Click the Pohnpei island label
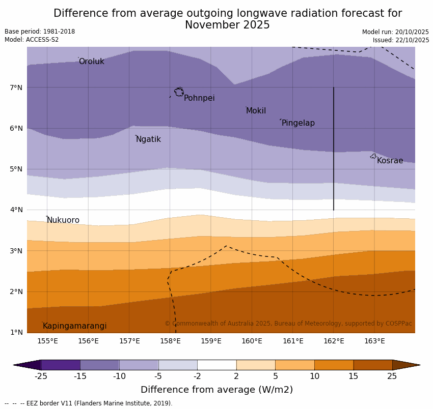(199, 98)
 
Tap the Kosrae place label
(390, 161)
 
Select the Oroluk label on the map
(91, 62)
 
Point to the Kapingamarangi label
(74, 326)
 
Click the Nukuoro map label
(63, 220)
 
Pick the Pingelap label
(298, 123)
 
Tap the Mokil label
(256, 111)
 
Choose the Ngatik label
(148, 139)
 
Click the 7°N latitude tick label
(16, 87)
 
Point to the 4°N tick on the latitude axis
(16, 210)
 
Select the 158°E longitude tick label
(170, 341)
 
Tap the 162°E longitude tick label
(334, 341)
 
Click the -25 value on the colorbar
(41, 376)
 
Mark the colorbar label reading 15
(354, 376)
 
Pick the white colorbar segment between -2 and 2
(216, 365)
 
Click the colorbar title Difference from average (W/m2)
(216, 390)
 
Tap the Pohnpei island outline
(179, 92)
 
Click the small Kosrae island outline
(373, 156)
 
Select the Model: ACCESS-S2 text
(32, 40)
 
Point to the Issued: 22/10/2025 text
(401, 40)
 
